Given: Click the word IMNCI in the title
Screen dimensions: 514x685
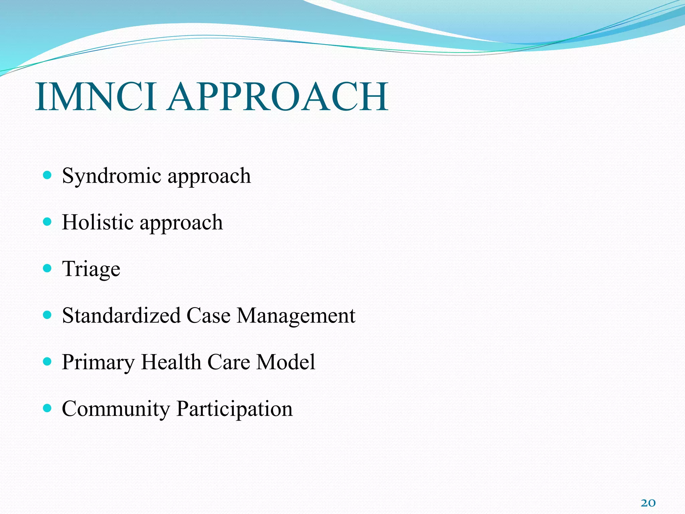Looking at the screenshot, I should (95, 97).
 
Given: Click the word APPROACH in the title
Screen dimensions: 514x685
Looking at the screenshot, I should (278, 97).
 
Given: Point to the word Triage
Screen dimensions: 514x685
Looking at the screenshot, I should (91, 269).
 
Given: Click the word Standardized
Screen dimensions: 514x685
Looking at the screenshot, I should (121, 315).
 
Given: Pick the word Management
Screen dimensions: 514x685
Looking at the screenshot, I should (296, 316).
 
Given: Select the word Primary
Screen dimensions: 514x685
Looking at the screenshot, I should (98, 363).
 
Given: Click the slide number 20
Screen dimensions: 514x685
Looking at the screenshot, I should (648, 503).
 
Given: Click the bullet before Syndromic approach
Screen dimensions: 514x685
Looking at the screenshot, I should (47, 175).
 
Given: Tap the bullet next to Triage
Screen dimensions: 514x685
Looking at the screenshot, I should (47, 268).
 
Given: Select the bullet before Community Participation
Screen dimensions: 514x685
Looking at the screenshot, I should (47, 408).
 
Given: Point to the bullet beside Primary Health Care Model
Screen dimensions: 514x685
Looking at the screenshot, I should (47, 361).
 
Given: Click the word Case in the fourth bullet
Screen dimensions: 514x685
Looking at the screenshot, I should (208, 315).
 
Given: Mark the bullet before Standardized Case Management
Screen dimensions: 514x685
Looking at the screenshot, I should (47, 315).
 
